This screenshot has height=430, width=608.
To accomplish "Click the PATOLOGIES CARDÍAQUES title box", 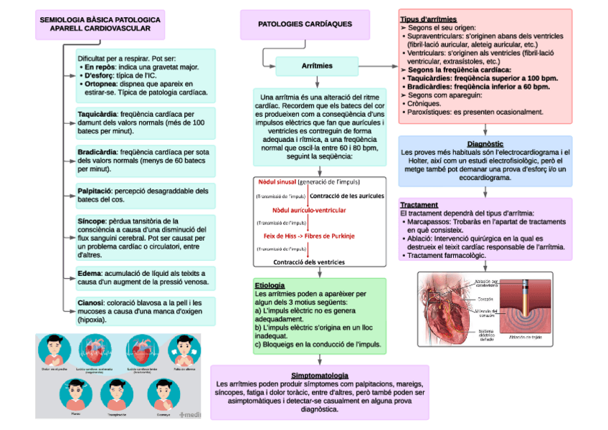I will [305, 24].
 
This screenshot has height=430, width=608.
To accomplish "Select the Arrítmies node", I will [317, 66].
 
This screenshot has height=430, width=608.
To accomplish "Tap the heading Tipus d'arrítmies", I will [428, 19].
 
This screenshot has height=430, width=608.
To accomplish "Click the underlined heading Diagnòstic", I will [485, 144].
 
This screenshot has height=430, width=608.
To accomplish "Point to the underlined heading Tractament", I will [419, 204].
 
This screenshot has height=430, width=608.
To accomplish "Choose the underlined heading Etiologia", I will [270, 285].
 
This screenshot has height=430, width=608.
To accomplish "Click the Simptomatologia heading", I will [320, 376].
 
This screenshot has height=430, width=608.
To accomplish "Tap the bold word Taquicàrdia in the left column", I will [97, 114].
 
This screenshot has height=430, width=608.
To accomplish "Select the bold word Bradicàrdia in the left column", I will [97, 152].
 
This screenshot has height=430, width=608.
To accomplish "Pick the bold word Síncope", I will [92, 221].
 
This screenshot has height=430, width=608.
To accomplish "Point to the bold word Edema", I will [89, 273].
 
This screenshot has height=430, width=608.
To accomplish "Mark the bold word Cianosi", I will [91, 303].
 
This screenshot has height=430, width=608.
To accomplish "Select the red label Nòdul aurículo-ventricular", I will [309, 209].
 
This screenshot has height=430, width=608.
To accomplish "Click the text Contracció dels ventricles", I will [309, 262].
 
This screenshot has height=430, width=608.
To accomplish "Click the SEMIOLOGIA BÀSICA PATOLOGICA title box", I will [100, 24].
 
